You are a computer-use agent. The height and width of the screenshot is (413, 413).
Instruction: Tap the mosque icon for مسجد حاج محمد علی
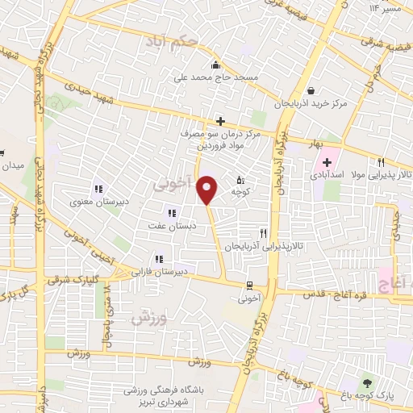pyautogui.click(x=215, y=66)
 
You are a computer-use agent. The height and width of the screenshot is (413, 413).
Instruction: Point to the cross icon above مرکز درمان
pyautogui.click(x=220, y=120)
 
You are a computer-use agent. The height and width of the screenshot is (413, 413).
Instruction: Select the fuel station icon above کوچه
pyautogui.click(x=240, y=180)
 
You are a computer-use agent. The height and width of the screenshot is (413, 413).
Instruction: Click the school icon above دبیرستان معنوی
pyautogui.click(x=98, y=190)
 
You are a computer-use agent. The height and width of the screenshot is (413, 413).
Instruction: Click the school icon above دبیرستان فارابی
pyautogui.click(x=160, y=259)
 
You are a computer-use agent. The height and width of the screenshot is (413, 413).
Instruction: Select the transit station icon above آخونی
pyautogui.click(x=248, y=284)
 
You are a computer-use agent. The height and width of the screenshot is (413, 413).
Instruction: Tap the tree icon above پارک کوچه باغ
pyautogui.click(x=368, y=383)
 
